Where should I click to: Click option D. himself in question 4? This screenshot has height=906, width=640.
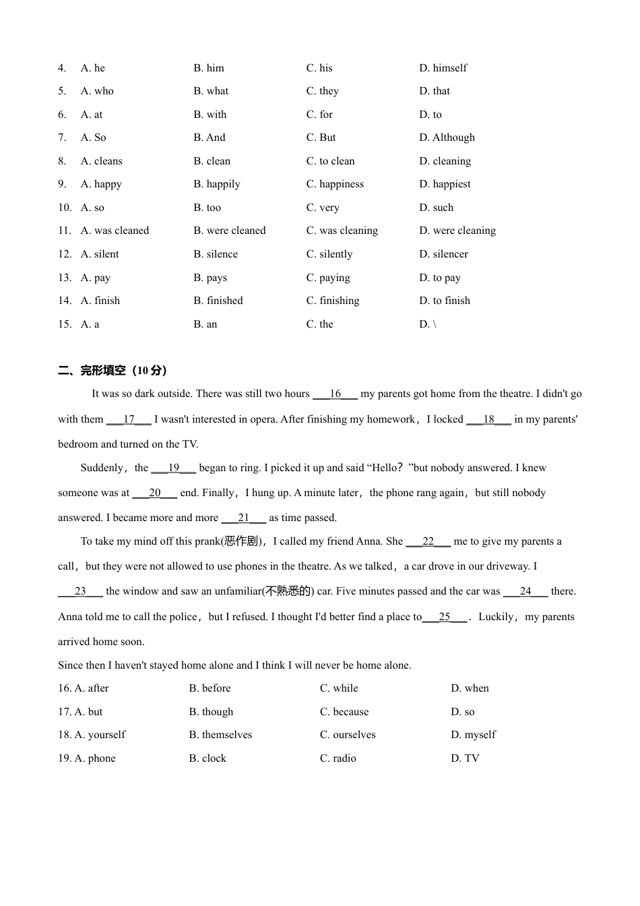point(443,68)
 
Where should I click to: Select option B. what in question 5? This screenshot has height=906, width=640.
point(210,91)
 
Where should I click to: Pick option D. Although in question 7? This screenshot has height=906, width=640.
point(447,138)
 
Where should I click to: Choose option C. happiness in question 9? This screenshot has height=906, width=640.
point(335,184)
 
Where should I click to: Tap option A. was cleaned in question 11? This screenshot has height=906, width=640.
point(115,231)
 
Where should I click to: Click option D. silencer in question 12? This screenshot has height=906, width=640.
point(443,254)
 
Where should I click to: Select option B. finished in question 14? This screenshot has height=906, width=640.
point(218,301)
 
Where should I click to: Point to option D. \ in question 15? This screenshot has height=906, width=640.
point(427,324)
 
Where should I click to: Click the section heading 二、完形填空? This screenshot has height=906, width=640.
point(113,370)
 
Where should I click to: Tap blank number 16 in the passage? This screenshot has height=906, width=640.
point(335,394)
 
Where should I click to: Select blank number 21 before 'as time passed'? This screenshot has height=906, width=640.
point(243,518)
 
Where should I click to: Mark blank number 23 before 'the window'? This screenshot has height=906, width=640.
point(80,591)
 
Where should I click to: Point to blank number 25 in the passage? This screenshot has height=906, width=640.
point(444,617)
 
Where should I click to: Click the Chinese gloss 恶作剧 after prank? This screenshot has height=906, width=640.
point(241,541)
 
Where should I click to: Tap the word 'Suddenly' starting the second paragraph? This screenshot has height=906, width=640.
point(102,468)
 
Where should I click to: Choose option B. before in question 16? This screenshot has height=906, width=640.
point(210,688)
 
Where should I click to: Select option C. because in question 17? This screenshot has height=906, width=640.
point(344,712)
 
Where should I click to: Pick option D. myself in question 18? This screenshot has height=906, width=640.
point(473,735)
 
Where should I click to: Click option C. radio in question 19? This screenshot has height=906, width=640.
point(338,758)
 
